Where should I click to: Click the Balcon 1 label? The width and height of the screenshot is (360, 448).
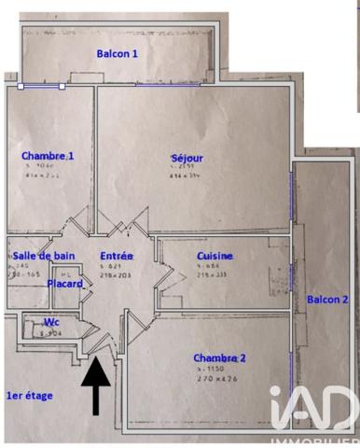tap(118, 54)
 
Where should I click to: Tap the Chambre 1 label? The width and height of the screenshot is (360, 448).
tap(47, 156)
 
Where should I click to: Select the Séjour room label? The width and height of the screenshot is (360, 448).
tap(187, 158)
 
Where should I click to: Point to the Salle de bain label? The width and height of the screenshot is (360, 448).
tap(44, 256)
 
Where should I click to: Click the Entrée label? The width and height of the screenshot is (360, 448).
tap(117, 256)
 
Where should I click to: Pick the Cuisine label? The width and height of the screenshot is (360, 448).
tap(215, 256)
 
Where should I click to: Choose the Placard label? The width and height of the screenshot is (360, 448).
tap(65, 284)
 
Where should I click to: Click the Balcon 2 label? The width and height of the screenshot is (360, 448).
tap(327, 300)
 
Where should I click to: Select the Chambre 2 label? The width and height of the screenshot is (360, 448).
tap(220, 357)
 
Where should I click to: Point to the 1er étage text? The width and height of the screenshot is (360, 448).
tap(30, 396)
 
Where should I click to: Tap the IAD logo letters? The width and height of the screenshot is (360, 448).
tap(314, 409)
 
